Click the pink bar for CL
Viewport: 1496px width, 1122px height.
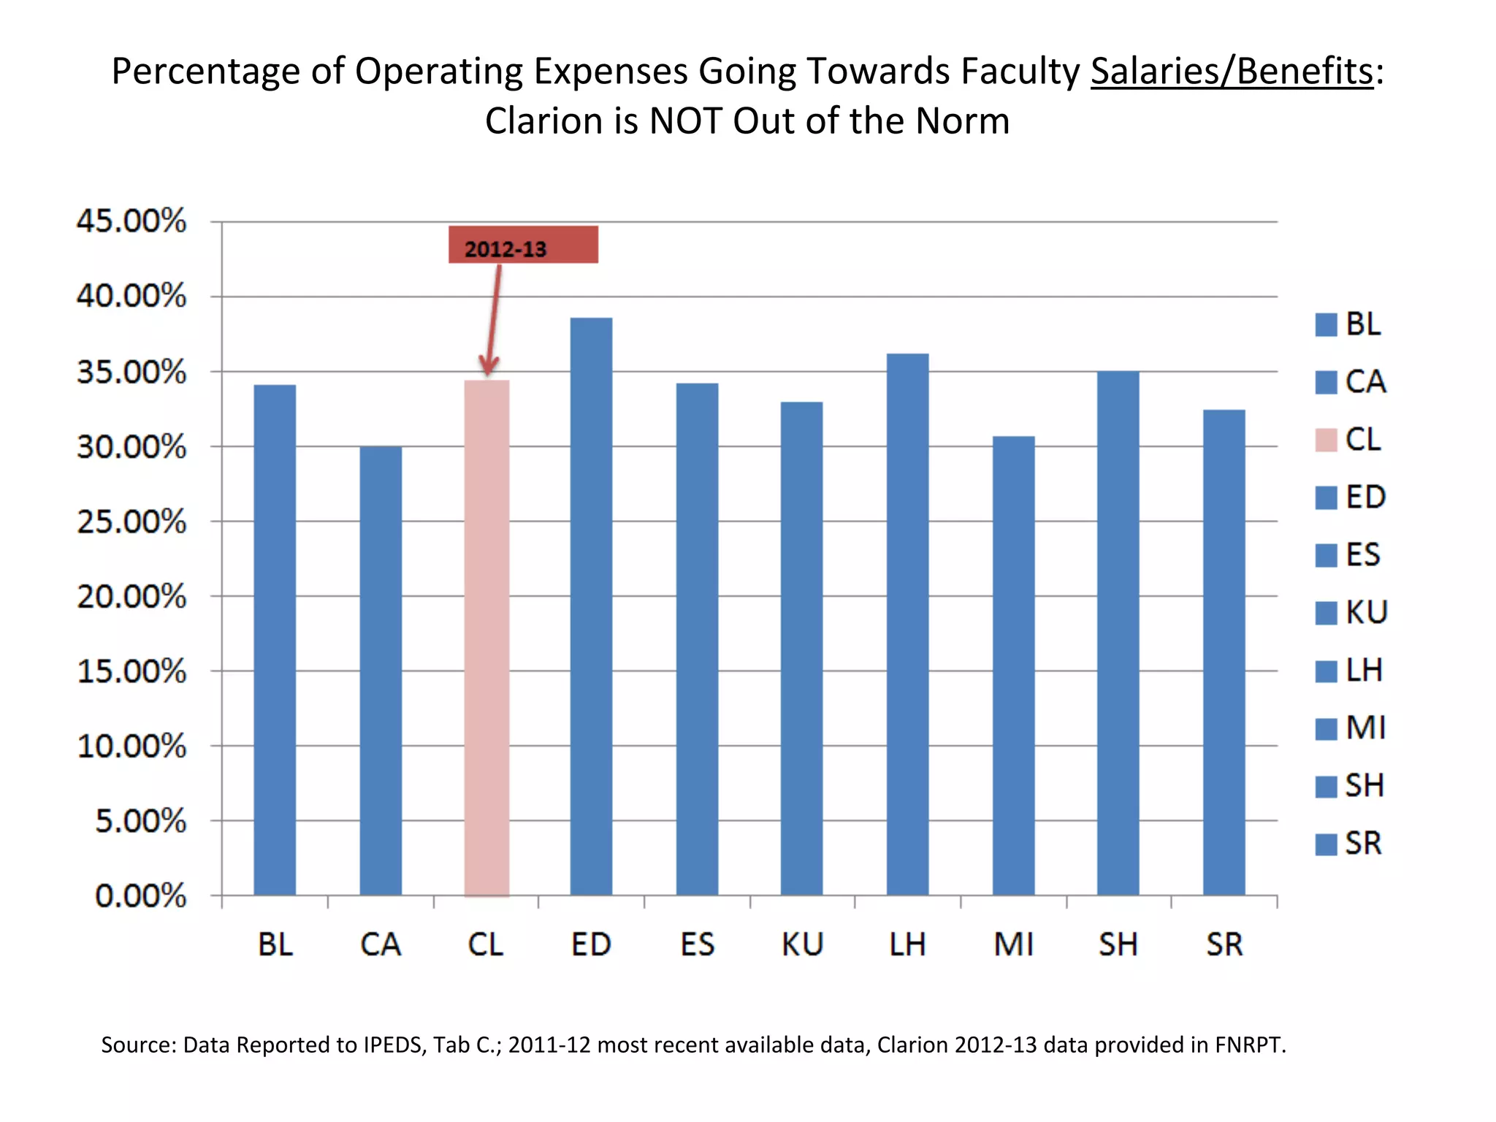tap(486, 636)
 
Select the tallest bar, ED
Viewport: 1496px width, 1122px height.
tap(591, 606)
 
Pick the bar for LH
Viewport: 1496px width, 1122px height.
tap(907, 625)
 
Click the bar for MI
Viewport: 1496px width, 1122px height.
tap(1013, 665)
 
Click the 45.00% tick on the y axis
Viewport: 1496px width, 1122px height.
tap(131, 221)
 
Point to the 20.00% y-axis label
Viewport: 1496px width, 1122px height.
tap(131, 597)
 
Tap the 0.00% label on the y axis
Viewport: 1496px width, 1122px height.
tap(141, 896)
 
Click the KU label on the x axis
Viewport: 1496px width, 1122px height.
tap(802, 944)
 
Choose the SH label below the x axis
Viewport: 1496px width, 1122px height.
tap(1118, 944)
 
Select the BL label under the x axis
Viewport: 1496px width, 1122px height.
tap(275, 944)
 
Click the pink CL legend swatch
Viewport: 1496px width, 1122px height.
tap(1326, 440)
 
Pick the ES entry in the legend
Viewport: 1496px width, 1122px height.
tap(1363, 554)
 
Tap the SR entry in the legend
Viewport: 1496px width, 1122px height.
tap(1363, 843)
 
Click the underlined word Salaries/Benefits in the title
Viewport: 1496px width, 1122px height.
tap(1232, 72)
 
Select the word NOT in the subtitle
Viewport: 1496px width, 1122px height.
tap(685, 121)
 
